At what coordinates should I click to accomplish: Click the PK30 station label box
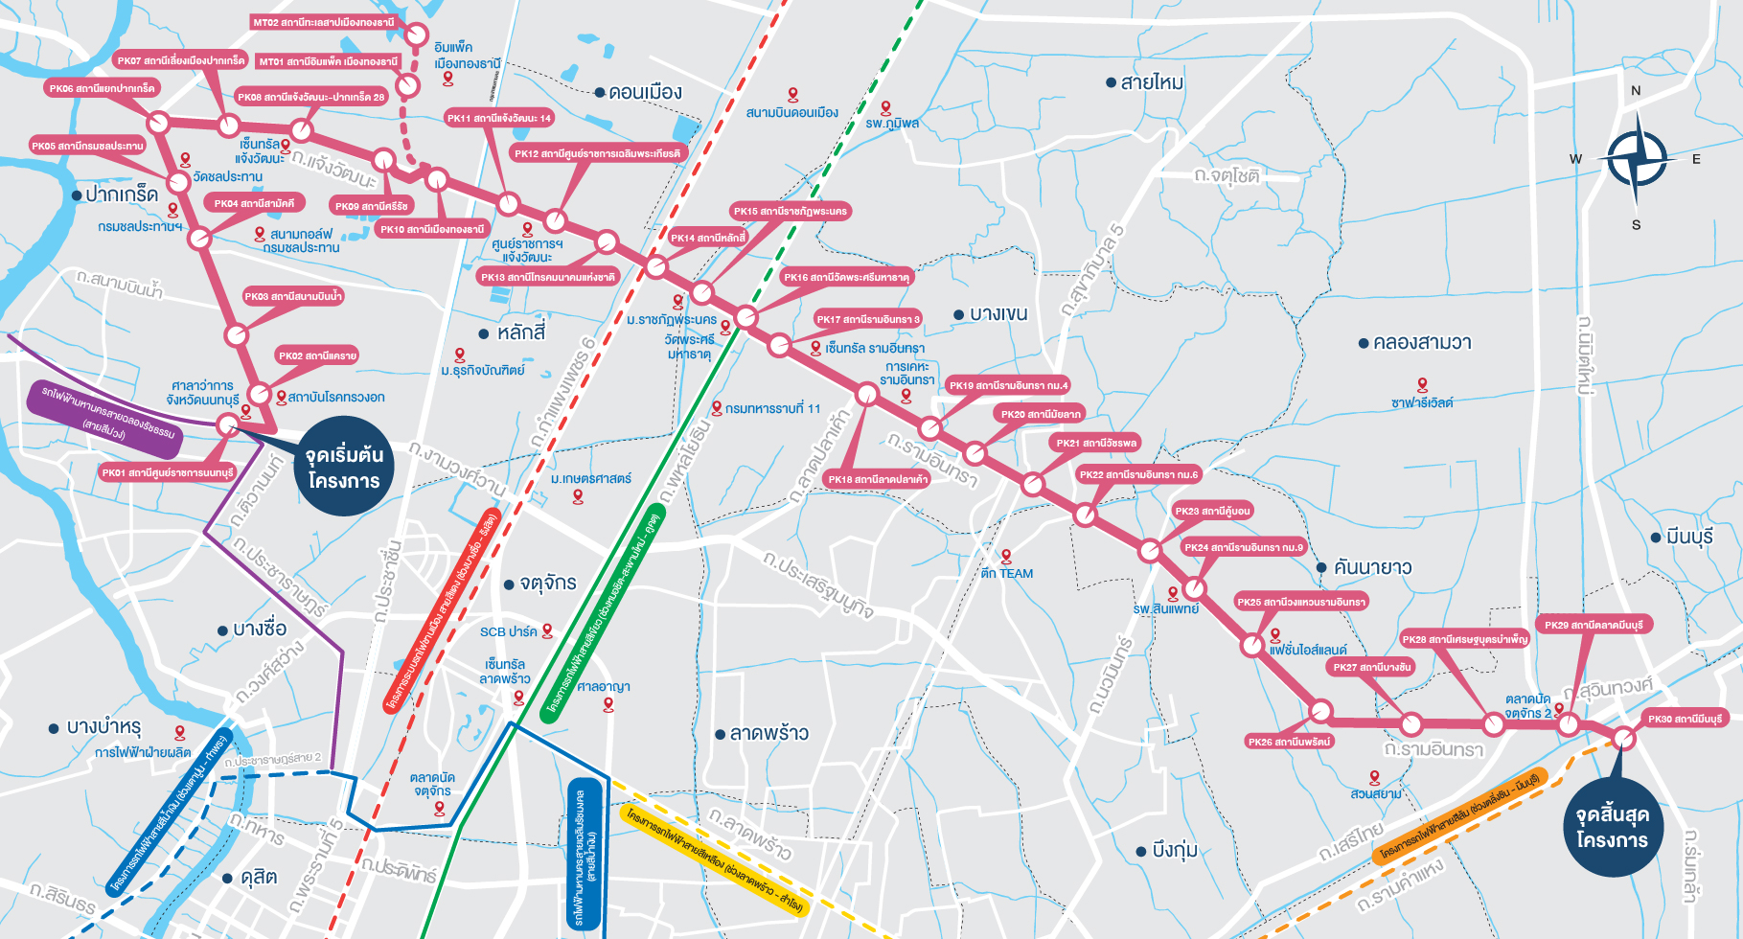(x=1685, y=719)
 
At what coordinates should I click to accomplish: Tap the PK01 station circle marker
(x=228, y=424)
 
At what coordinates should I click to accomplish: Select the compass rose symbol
(x=1637, y=159)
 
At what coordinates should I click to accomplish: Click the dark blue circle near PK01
(x=344, y=467)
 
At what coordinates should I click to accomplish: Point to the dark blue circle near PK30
(x=1612, y=827)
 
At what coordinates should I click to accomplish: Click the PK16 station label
(x=845, y=277)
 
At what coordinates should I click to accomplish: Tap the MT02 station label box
(x=324, y=22)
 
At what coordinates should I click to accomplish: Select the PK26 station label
(x=1289, y=742)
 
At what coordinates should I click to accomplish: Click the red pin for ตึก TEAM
(x=1006, y=556)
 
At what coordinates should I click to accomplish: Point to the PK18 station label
(x=877, y=479)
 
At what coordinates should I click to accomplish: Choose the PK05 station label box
(x=86, y=146)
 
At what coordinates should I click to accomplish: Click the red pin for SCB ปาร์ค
(x=548, y=630)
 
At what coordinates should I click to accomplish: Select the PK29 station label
(x=1594, y=625)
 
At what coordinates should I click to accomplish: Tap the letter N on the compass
(x=1636, y=91)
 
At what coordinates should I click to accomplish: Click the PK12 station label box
(x=597, y=153)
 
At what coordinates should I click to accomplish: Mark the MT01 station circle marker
(x=408, y=86)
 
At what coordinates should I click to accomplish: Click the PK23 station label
(x=1212, y=511)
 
